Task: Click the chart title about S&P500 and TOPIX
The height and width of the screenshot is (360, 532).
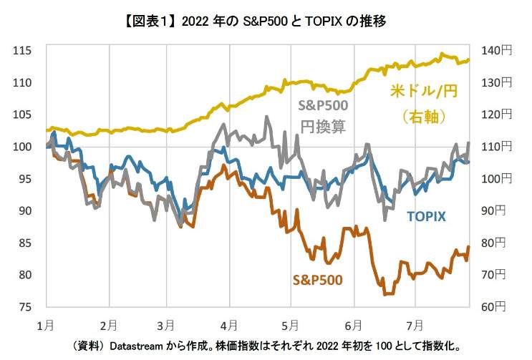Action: pyautogui.click(x=266, y=21)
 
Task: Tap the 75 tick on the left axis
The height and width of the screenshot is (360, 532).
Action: pyautogui.click(x=27, y=307)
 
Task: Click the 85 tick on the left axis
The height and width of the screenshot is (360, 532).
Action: pyautogui.click(x=27, y=243)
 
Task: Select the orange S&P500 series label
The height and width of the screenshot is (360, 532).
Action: pyautogui.click(x=316, y=279)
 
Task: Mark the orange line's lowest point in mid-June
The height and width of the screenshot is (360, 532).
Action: pyautogui.click(x=387, y=293)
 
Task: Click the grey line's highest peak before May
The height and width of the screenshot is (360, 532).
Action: pyautogui.click(x=267, y=117)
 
